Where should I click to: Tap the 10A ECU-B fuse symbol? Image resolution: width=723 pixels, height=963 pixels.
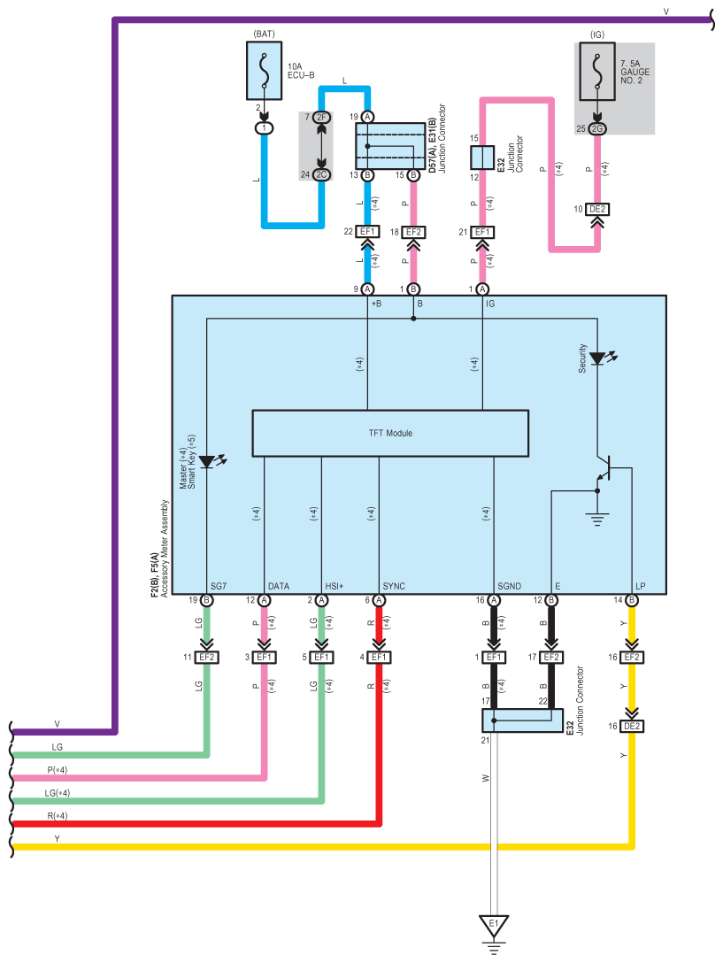(264, 71)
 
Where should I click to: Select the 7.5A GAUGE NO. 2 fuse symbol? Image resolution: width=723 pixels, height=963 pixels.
(597, 71)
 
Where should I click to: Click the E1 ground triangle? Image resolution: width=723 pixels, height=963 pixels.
(494, 925)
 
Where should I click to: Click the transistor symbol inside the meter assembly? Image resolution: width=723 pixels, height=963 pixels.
(605, 468)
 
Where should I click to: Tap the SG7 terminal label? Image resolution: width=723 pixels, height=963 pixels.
(219, 586)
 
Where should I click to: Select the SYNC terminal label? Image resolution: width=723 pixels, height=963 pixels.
(394, 586)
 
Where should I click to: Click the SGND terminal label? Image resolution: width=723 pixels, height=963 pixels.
(509, 586)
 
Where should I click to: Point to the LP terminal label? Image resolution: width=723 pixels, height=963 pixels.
(640, 586)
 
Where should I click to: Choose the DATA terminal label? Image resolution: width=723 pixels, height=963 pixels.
(278, 586)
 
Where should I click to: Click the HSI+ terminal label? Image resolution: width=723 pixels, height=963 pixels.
(335, 586)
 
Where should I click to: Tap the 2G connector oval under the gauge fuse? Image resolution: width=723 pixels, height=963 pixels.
(597, 128)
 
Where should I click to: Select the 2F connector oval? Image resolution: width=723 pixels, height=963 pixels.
(321, 118)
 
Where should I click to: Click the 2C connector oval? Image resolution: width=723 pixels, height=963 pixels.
(321, 175)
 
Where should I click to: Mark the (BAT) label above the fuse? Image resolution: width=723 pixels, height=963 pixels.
(264, 34)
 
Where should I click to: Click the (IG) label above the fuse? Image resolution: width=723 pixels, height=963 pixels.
(597, 35)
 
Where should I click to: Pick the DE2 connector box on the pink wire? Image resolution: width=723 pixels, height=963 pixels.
(597, 210)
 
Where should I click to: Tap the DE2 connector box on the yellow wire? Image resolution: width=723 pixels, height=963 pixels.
(632, 726)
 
